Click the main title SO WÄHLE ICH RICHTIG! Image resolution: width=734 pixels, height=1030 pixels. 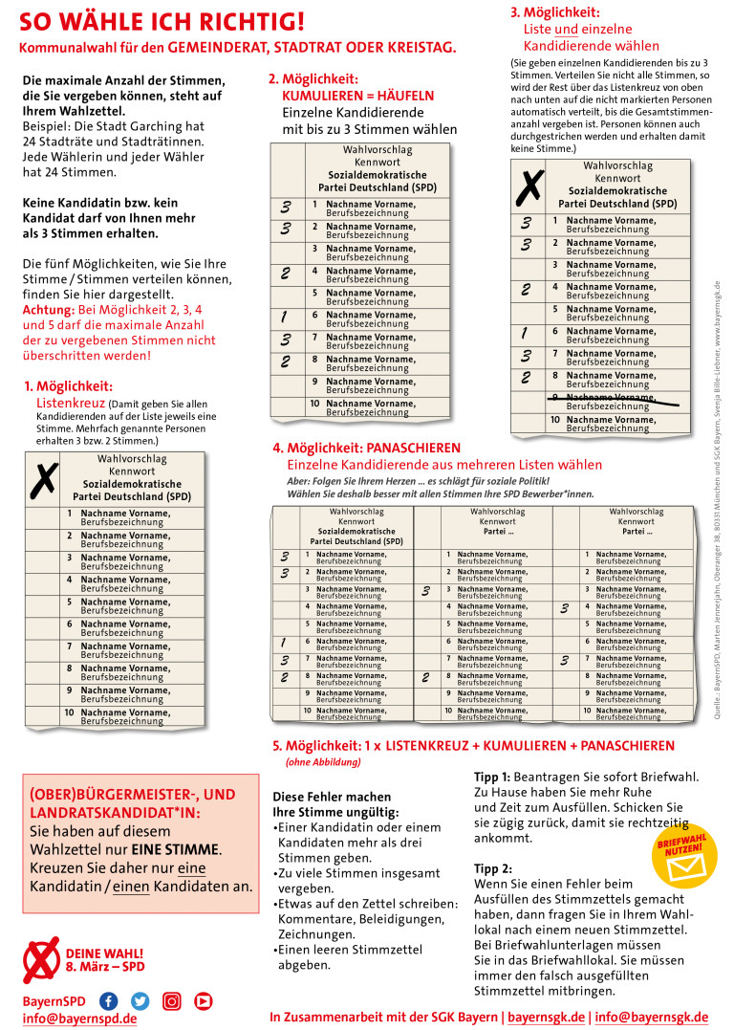pyautogui.click(x=162, y=21)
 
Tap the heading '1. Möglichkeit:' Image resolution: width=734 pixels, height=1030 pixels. pyautogui.click(x=68, y=386)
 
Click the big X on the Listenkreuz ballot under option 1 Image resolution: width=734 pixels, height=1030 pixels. pyautogui.click(x=42, y=480)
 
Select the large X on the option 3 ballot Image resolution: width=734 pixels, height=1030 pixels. pyautogui.click(x=528, y=186)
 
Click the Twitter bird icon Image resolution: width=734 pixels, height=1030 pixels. pyautogui.click(x=140, y=1000)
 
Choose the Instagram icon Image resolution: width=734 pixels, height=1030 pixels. pyautogui.click(x=171, y=1000)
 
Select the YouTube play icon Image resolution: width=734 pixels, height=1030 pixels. pyautogui.click(x=203, y=1000)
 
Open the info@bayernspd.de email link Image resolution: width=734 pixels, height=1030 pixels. pyautogui.click(x=79, y=1019)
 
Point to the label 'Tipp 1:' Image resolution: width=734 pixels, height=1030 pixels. pyautogui.click(x=493, y=776)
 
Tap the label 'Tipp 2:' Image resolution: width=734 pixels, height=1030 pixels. pyautogui.click(x=493, y=868)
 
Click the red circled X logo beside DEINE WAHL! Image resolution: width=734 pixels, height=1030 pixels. pyautogui.click(x=40, y=959)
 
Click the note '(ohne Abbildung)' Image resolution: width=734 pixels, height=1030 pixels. pyautogui.click(x=323, y=762)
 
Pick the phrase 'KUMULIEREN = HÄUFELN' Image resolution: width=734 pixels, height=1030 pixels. pyautogui.click(x=357, y=97)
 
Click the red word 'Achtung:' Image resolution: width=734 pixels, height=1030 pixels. pyautogui.click(x=50, y=311)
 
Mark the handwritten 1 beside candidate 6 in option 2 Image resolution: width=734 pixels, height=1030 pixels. pyautogui.click(x=285, y=317)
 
